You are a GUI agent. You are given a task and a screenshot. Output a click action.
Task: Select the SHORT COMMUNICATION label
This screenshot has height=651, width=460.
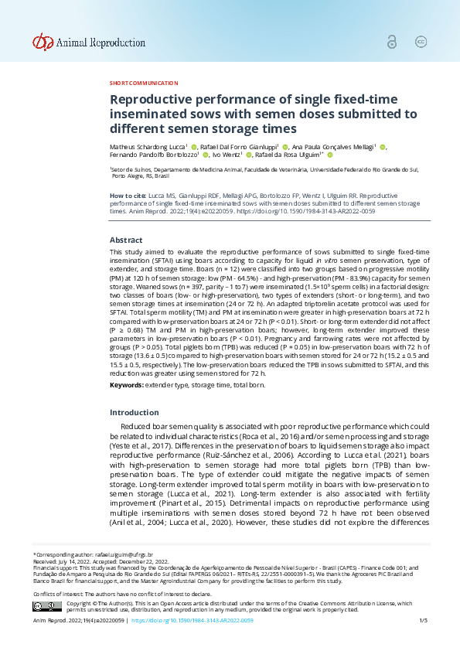(x=144, y=83)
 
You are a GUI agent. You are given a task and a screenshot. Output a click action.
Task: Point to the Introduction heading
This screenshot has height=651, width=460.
(x=134, y=412)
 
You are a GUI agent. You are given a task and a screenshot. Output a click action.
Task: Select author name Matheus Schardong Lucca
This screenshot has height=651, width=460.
(x=147, y=146)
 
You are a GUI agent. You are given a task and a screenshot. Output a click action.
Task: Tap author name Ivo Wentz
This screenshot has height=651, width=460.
(x=227, y=155)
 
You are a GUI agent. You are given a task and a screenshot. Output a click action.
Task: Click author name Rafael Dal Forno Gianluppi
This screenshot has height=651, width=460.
(x=240, y=146)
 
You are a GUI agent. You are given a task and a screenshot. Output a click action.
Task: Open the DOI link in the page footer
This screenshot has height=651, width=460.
(x=193, y=621)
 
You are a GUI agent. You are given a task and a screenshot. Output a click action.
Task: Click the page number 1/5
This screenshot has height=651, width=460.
(x=423, y=621)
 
